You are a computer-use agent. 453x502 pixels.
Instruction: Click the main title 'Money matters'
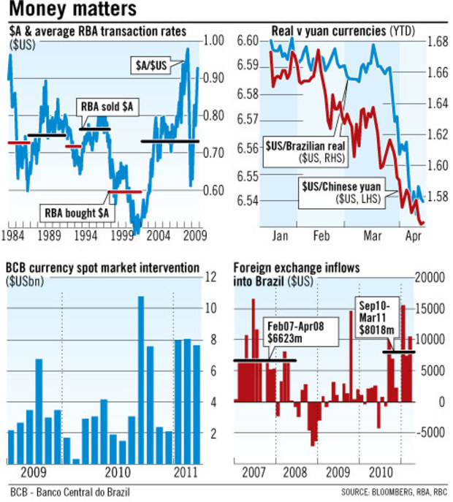pyautogui.click(x=71, y=9)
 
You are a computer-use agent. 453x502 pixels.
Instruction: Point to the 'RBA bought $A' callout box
pyautogui.click(x=77, y=212)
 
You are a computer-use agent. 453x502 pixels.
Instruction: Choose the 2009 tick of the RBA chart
pyautogui.click(x=193, y=236)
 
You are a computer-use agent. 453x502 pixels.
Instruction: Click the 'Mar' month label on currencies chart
pyautogui.click(x=373, y=236)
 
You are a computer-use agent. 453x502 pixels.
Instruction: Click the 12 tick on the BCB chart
pyautogui.click(x=211, y=277)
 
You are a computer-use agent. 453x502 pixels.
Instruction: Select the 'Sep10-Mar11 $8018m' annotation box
pyautogui.click(x=377, y=316)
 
